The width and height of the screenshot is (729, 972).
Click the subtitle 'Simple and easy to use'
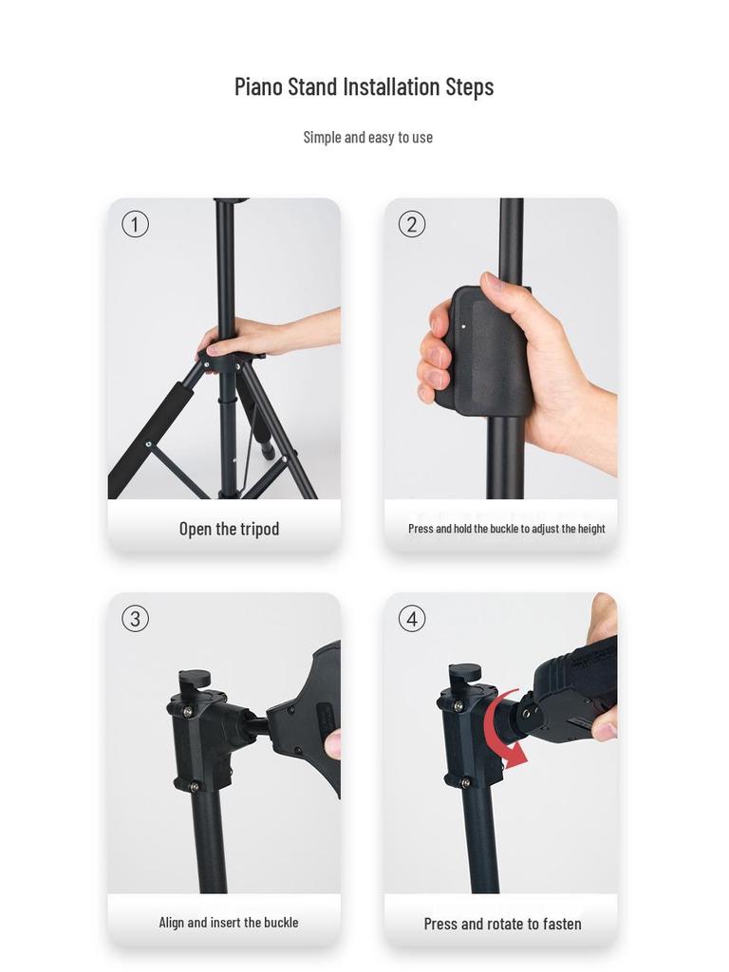(367, 137)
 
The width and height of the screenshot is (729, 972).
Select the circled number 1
(135, 224)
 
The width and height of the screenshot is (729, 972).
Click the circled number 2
(412, 224)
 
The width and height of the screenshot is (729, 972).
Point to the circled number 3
(135, 619)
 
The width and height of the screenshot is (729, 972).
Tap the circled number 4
(412, 619)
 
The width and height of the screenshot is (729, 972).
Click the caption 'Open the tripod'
(230, 529)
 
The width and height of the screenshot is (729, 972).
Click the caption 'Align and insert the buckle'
(228, 923)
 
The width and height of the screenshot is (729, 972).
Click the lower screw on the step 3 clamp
(194, 786)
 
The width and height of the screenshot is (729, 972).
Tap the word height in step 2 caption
(591, 529)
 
